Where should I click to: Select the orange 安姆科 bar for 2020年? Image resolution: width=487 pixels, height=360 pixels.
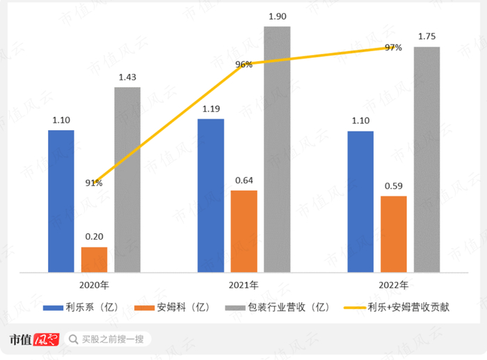click(x=94, y=259)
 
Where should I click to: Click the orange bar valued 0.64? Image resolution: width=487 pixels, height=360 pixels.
click(x=243, y=230)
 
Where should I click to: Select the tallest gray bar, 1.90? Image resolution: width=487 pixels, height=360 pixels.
click(x=277, y=149)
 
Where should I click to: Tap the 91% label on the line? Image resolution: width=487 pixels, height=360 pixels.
click(x=94, y=183)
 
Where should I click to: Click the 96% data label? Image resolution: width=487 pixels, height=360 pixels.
click(x=243, y=64)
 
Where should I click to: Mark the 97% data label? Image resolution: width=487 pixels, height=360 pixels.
click(x=393, y=47)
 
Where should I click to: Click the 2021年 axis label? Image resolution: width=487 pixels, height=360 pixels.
click(x=243, y=285)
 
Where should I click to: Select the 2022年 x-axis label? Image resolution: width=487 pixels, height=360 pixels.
click(x=394, y=285)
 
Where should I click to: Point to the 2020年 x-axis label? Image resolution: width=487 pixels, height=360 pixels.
click(x=94, y=285)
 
